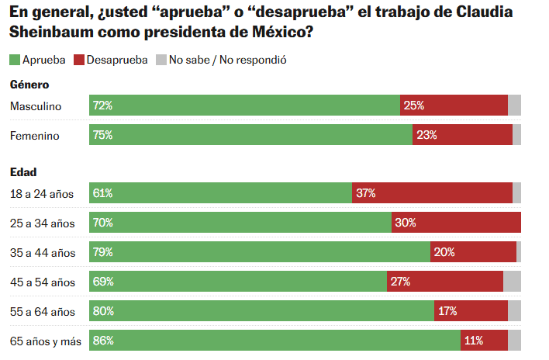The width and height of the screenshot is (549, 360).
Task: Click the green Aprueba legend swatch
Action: pyautogui.click(x=14, y=60)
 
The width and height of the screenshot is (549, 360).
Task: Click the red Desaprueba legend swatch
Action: pyautogui.click(x=79, y=60)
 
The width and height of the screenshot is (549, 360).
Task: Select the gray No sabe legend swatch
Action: pyautogui.click(x=161, y=60)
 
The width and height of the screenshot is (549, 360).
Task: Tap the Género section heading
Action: pyautogui.click(x=29, y=84)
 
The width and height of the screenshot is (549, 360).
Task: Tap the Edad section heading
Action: pyautogui.click(x=23, y=171)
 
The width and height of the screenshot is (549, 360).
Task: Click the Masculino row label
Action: pyautogui.click(x=36, y=106)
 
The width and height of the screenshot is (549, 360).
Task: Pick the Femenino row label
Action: pyautogui.click(x=35, y=135)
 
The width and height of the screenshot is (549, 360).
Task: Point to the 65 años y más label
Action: pyautogui.click(x=44, y=341)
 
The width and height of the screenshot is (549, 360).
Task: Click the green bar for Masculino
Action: pyautogui.click(x=244, y=106)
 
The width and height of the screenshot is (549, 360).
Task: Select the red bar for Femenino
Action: pyautogui.click(x=462, y=135)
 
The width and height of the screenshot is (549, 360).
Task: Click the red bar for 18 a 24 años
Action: pyautogui.click(x=432, y=193)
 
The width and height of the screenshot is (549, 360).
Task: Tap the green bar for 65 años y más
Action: pyautogui.click(x=274, y=341)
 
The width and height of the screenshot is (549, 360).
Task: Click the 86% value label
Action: pyautogui.click(x=103, y=341)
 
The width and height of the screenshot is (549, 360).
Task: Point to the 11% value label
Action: pyautogui.click(x=474, y=341)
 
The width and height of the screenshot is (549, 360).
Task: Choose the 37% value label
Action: pyautogui.click(x=365, y=193)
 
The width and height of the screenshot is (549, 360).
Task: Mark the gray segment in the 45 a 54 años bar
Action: pyautogui.click(x=512, y=282)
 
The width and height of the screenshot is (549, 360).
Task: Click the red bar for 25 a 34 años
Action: pyautogui.click(x=456, y=223)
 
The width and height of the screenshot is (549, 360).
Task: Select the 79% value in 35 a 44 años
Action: pyautogui.click(x=103, y=252)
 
